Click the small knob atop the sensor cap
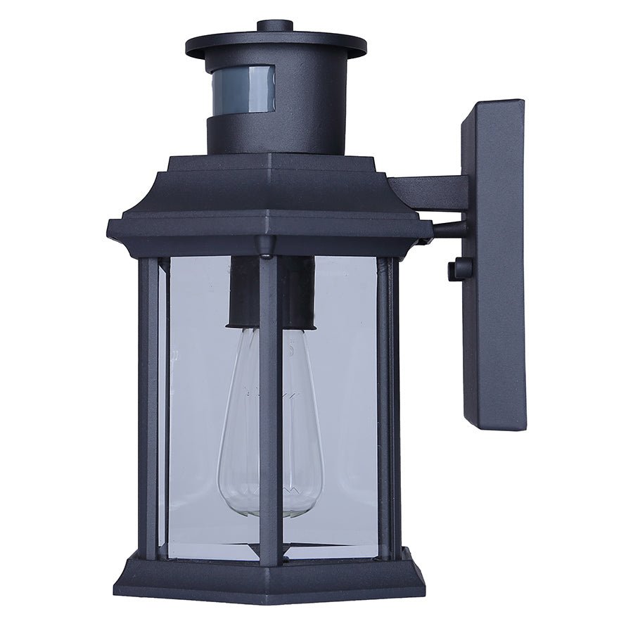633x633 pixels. point(275,26)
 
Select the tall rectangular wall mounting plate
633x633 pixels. point(494,264)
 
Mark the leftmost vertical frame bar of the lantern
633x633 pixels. point(148,408)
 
